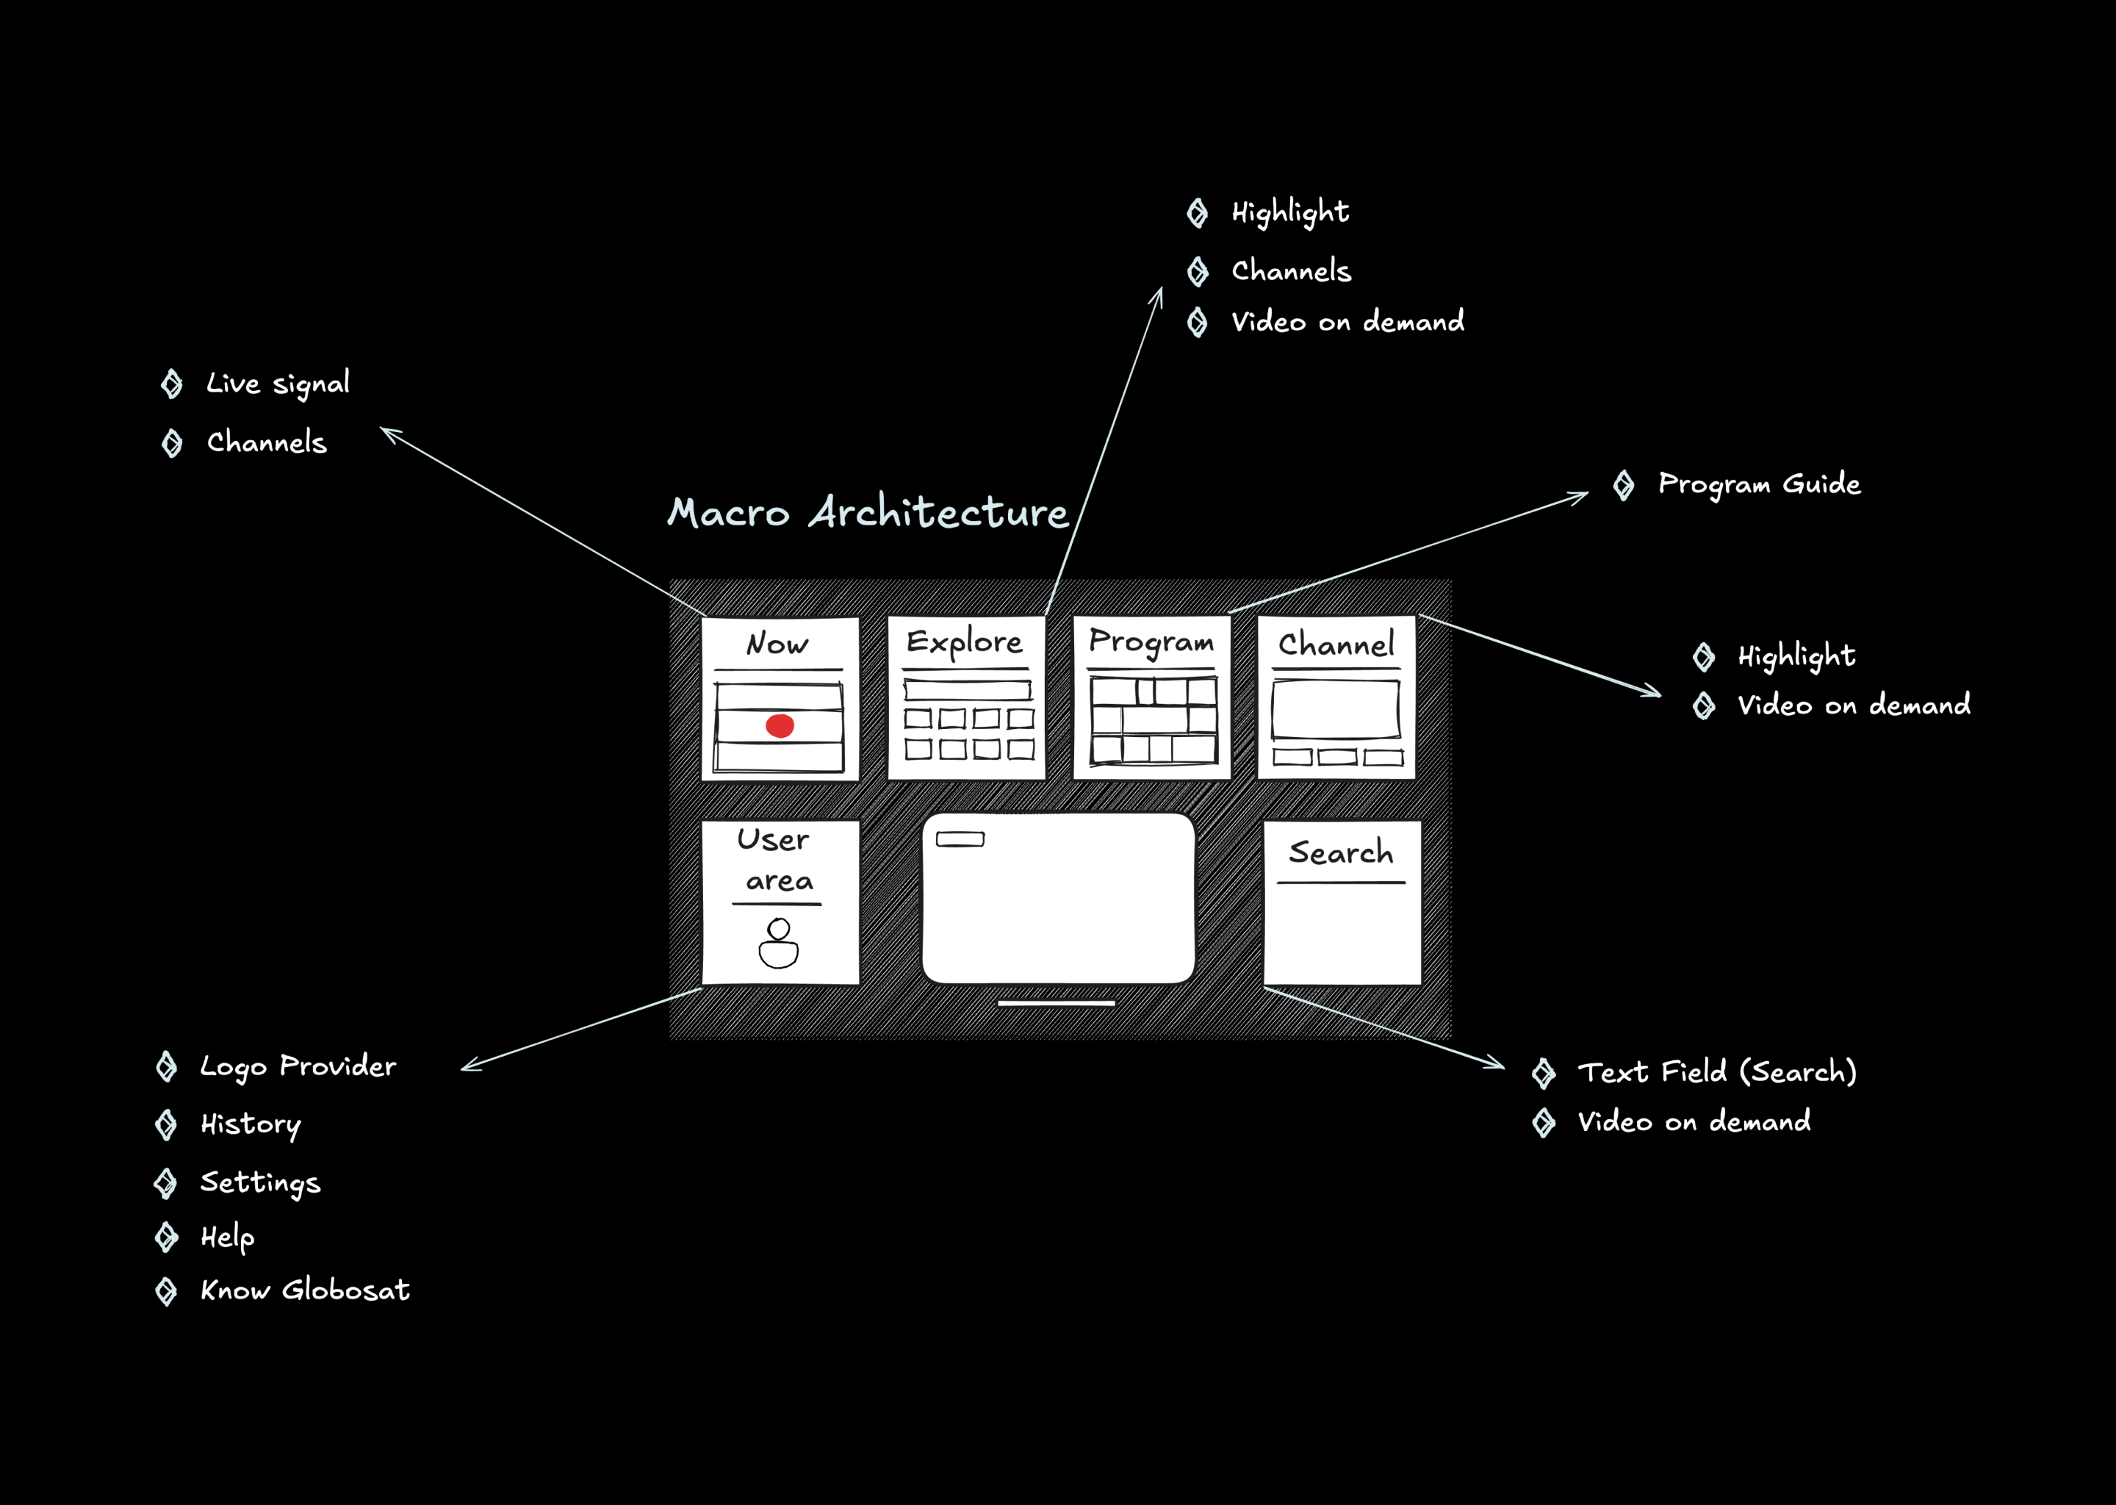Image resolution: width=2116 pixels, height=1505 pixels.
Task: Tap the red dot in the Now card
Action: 780,725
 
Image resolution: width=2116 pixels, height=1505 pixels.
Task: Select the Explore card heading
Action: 965,642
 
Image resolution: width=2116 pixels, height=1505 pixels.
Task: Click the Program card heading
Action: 1151,642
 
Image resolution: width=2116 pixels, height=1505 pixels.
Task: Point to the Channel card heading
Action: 1336,644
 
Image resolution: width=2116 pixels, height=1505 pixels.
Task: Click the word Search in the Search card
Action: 1341,852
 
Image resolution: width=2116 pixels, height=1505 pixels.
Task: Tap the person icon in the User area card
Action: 778,944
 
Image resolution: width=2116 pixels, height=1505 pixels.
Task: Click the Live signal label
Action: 278,384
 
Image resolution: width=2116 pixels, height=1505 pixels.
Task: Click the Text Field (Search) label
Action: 1717,1072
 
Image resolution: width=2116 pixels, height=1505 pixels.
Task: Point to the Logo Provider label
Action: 298,1067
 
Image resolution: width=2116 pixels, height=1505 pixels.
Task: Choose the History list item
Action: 250,1125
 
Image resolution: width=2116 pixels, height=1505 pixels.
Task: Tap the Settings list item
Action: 260,1183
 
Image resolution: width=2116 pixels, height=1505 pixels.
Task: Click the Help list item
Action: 227,1238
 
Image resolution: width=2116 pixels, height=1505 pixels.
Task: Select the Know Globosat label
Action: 305,1290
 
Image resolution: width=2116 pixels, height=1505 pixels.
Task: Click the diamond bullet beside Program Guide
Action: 1623,485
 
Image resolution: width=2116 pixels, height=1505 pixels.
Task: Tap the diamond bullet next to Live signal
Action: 171,384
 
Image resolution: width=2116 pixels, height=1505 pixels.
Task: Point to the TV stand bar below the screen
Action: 1056,1002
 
